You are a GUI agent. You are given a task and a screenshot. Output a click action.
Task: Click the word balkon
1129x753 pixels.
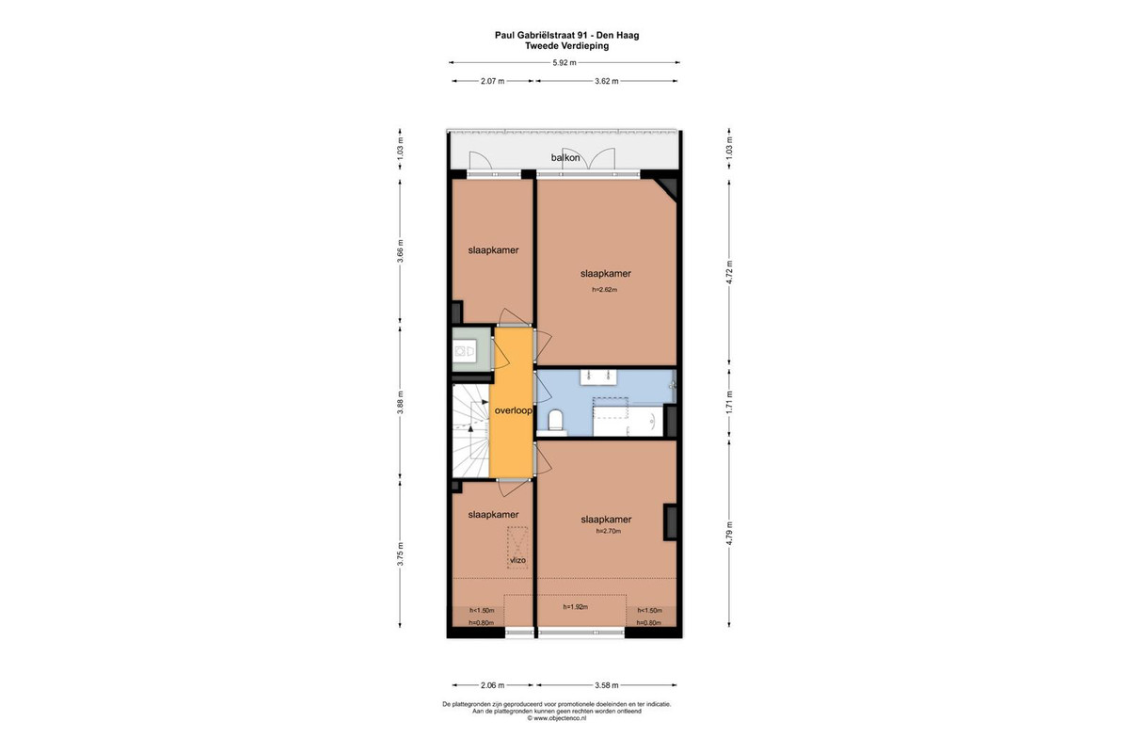coord(565,157)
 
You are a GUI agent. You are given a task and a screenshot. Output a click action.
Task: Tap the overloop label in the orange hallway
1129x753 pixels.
coord(513,410)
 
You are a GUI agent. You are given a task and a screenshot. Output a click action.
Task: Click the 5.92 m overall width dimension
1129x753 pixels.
coord(564,63)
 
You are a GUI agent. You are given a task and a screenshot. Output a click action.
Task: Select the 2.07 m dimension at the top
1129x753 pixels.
coord(492,81)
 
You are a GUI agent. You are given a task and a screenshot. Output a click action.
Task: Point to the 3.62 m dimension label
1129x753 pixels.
coord(606,81)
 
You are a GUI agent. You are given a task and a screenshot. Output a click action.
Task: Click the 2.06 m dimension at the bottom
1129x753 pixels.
coord(492,685)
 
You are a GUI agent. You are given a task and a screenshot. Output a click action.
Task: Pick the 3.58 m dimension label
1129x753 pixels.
coord(606,685)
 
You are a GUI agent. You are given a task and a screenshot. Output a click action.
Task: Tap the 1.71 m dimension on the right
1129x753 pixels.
coord(729,403)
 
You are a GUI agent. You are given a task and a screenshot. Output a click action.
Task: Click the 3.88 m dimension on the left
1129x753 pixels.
coord(400,403)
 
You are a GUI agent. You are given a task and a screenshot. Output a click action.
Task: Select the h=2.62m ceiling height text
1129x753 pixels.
coord(604,290)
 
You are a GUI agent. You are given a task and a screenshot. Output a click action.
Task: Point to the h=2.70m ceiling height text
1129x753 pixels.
coord(609,531)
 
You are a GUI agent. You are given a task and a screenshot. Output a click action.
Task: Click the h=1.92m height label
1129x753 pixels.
coord(576,607)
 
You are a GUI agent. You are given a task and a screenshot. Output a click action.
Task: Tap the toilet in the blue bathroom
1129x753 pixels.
coord(555,420)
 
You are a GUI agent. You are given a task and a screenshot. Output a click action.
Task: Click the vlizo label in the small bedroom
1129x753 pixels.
coord(517,560)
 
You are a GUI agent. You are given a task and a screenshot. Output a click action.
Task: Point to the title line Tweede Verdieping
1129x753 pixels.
coord(566,46)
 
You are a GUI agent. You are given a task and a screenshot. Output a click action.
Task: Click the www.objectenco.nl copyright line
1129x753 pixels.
coord(556,718)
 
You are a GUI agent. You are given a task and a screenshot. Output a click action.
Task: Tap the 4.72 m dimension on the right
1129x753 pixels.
coord(729,272)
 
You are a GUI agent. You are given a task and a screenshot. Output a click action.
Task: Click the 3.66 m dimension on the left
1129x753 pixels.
coord(400,250)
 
